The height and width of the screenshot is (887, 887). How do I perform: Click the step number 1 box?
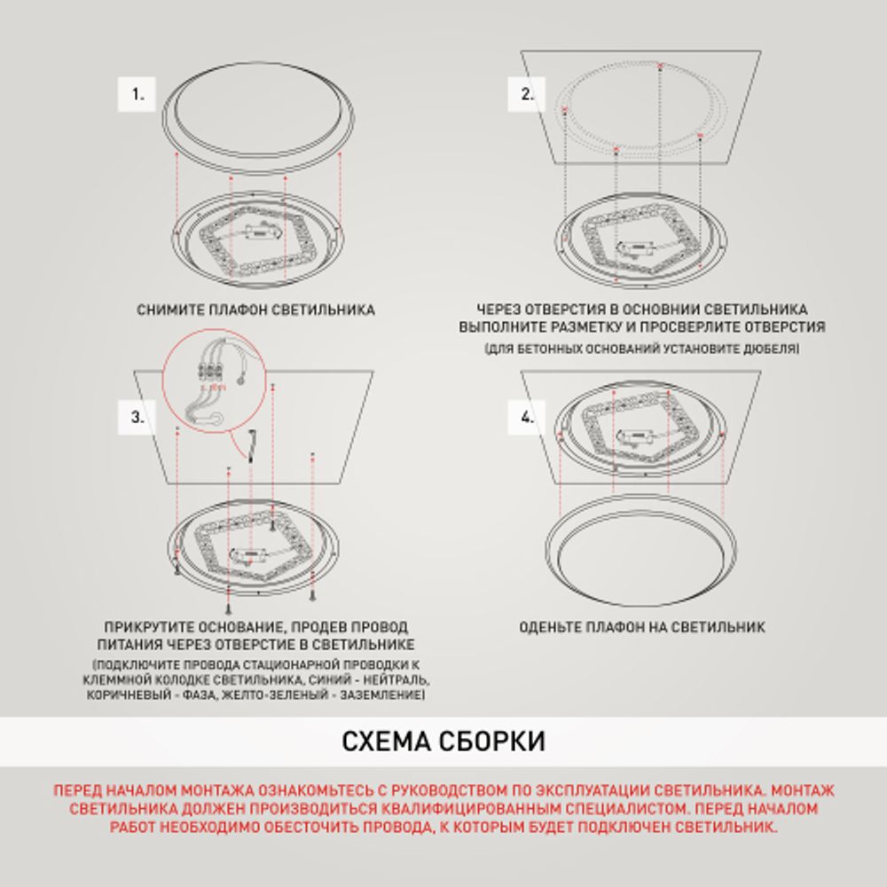[x=137, y=94]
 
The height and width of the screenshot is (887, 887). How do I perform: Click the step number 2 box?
[x=526, y=94]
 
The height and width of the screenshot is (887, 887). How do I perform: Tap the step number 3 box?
[x=137, y=418]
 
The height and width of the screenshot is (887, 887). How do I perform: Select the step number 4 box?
[x=526, y=418]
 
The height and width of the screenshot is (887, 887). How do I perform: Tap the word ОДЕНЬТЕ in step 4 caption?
[x=551, y=627]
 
